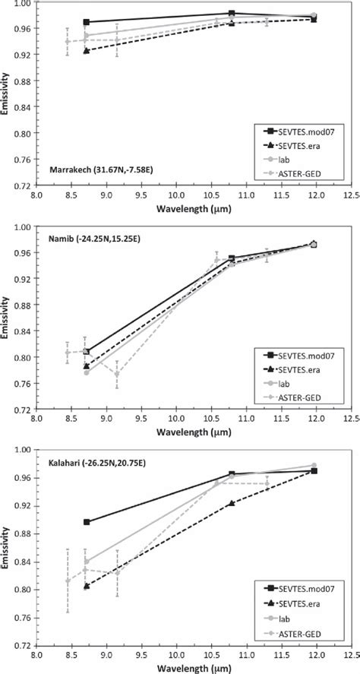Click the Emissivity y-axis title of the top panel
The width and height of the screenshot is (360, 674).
coord(7,93)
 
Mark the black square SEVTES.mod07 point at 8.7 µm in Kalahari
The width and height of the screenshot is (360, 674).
coord(87,522)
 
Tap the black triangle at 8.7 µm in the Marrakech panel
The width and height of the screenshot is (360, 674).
coord(87,50)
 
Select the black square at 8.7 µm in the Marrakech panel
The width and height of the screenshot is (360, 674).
coord(87,22)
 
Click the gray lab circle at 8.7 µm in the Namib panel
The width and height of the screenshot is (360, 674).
coord(87,372)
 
